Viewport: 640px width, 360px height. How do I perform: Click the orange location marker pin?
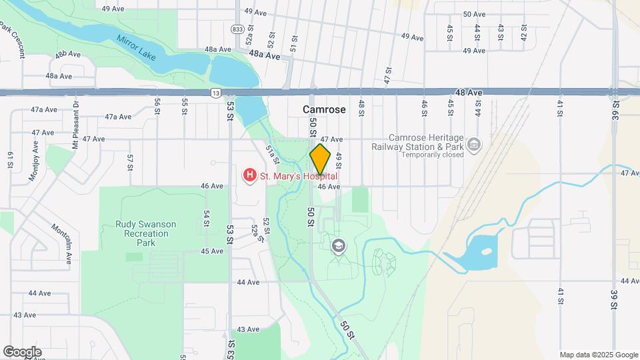point(320,160)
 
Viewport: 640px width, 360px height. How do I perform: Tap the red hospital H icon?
point(249,176)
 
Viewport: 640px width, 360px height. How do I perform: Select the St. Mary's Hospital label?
point(298,176)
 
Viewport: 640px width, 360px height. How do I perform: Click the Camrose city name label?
point(324,109)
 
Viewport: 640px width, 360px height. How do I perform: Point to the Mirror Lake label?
point(136,48)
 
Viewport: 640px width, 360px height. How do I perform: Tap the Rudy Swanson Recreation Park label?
point(145,234)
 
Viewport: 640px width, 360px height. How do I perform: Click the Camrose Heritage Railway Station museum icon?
point(473,144)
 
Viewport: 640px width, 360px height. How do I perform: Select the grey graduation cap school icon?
point(339,246)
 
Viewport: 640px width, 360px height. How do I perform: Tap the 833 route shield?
point(238,29)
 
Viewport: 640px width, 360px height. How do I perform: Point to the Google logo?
point(21,352)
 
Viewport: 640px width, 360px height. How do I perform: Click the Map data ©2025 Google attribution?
point(598,355)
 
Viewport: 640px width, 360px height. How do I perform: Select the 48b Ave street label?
point(68,54)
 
